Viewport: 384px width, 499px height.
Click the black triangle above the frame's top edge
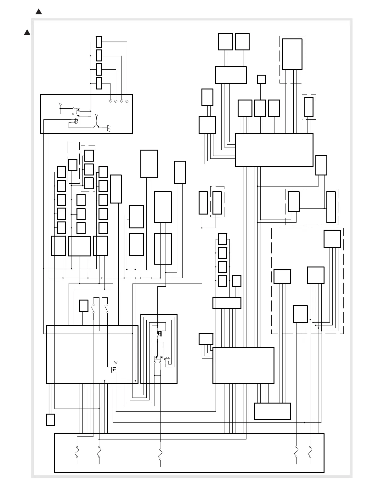coord(38,12)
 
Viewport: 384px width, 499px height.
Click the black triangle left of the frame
coord(27,32)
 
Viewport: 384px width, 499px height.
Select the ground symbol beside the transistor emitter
coord(109,128)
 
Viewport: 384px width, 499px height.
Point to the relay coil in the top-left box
coord(76,121)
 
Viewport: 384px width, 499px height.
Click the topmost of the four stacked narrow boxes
coord(99,42)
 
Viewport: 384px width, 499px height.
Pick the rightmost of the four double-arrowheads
coord(127,101)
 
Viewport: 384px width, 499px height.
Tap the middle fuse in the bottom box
coord(160,454)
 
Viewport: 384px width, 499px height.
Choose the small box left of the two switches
coord(84,306)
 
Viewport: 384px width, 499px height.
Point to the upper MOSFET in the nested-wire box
coord(159,333)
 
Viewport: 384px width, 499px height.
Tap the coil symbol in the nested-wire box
coord(167,359)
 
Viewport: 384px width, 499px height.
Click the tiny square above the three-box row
coord(261,79)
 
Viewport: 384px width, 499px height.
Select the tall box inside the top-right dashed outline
coord(292,54)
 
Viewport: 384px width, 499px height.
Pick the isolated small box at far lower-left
coord(50,420)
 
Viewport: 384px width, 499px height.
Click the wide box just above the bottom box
coord(272,411)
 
